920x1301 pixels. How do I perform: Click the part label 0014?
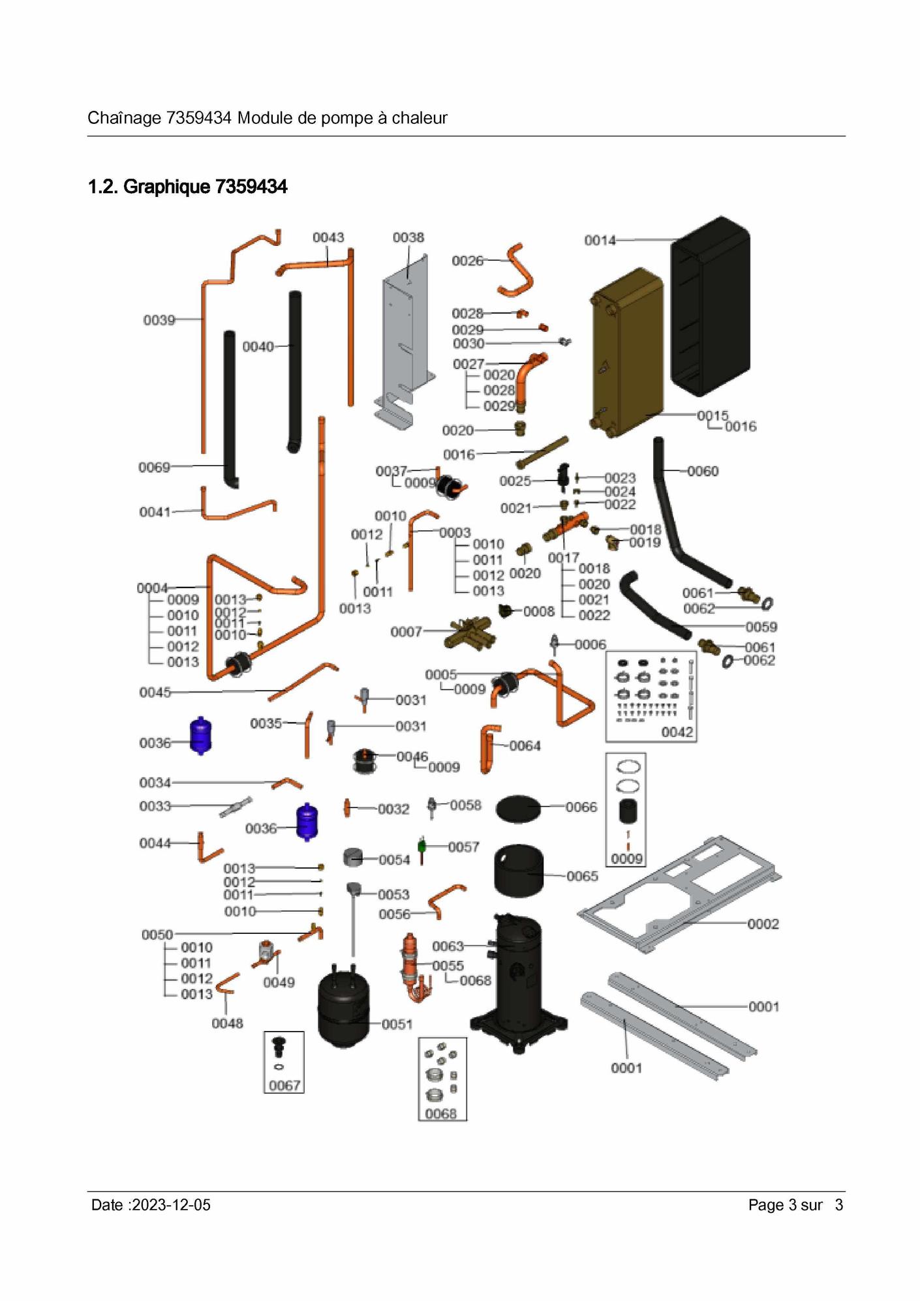(600, 241)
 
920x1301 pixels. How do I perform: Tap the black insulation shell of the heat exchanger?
(711, 307)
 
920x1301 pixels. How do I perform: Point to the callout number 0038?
(408, 238)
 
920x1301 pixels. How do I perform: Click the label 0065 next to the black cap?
(582, 876)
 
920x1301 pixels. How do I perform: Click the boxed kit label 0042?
(677, 732)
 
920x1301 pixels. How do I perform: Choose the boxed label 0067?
(284, 1085)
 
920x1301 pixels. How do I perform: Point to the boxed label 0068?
(441, 1114)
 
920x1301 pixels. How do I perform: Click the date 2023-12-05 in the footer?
(171, 1205)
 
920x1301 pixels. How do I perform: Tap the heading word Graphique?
(166, 187)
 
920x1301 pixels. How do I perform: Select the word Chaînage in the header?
(124, 118)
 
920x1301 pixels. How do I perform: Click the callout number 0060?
(703, 471)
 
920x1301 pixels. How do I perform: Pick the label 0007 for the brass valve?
(406, 632)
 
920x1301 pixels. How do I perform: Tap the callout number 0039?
(159, 320)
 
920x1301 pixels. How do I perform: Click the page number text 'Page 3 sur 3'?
(795, 1205)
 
